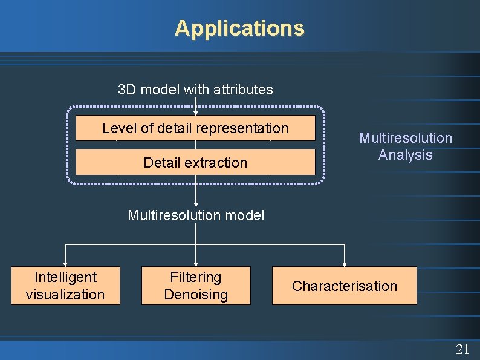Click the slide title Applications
239,28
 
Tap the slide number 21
462,349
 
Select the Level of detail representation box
195,128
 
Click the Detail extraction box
195,162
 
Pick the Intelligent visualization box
65,286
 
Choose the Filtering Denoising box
196,286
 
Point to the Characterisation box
345,286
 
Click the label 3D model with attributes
195,90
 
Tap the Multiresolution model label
196,215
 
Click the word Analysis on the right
406,155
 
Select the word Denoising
196,295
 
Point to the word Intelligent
65,277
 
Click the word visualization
65,295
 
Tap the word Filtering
196,277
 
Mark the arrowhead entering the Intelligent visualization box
65,263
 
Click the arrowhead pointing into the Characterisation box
345,263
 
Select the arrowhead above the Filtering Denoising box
196,263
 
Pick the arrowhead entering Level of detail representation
196,112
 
